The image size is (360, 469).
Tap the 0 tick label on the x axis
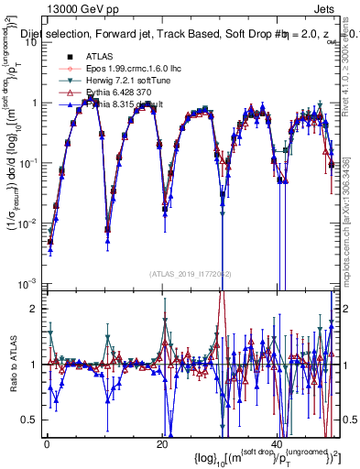[x=47, y=443]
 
